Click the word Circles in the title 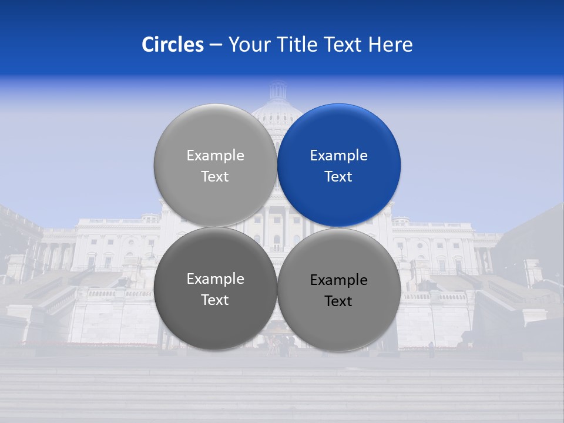pyautogui.click(x=172, y=45)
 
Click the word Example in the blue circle pyautogui.click(x=339, y=156)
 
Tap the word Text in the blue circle pyautogui.click(x=338, y=177)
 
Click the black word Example pyautogui.click(x=339, y=280)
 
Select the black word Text pyautogui.click(x=338, y=301)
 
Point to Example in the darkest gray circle pyautogui.click(x=215, y=279)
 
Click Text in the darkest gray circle pyautogui.click(x=215, y=300)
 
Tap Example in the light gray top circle pyautogui.click(x=215, y=156)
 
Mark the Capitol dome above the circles pyautogui.click(x=277, y=97)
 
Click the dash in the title pyautogui.click(x=216, y=45)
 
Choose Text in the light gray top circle pyautogui.click(x=215, y=177)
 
